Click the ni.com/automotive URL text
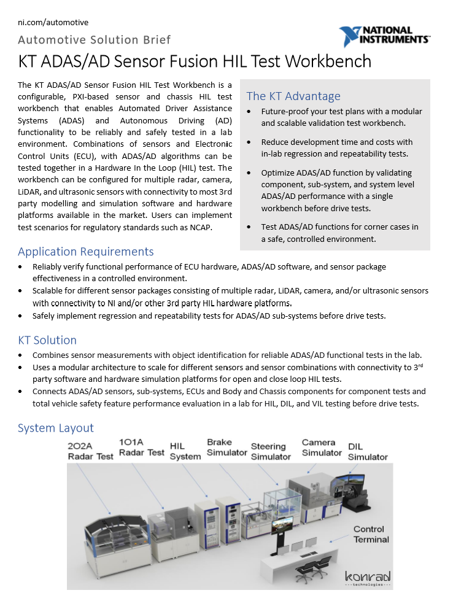tap(53, 23)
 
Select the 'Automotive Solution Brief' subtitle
tap(94, 40)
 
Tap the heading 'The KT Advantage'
tap(293, 96)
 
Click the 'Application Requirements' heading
tap(85, 252)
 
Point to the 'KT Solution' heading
tap(47, 340)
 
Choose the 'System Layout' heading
tap(55, 428)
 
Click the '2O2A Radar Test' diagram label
tap(90, 451)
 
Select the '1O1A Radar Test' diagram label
tap(142, 448)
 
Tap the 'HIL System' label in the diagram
tap(185, 451)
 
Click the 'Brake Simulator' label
tap(226, 447)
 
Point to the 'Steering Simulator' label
tap(271, 451)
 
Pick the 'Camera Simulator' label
tap(321, 448)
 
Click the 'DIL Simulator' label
tap(367, 451)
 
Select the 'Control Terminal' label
tap(371, 534)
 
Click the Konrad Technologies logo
tap(368, 578)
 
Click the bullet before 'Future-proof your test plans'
tap(247, 112)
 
